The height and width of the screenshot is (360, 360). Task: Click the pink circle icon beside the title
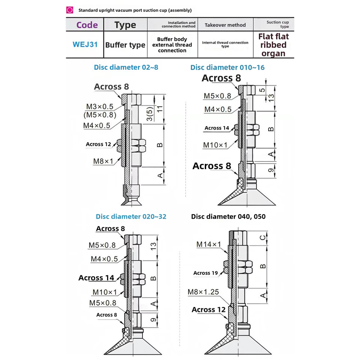70,10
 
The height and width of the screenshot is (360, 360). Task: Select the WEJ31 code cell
85,44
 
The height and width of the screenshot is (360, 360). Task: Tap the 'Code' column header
87,25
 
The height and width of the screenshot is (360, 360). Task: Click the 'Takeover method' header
225,25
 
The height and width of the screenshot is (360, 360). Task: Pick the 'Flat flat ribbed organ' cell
274,45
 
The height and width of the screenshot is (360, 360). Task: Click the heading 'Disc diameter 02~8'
126,67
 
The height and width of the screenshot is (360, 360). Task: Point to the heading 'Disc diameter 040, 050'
228,216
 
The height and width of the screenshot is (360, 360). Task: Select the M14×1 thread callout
208,244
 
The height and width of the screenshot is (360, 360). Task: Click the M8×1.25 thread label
203,292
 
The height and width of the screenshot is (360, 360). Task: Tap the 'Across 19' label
206,273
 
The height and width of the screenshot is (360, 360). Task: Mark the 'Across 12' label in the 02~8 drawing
98,144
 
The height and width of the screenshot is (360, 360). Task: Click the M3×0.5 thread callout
99,107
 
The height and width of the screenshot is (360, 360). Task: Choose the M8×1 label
103,161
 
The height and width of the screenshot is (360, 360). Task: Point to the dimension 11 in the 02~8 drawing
160,108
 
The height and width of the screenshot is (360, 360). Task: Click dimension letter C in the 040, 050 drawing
263,238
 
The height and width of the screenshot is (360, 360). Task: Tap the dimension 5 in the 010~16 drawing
262,90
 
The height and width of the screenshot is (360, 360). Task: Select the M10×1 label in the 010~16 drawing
215,145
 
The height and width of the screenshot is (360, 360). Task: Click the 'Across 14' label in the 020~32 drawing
96,278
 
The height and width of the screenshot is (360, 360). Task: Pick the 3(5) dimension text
149,114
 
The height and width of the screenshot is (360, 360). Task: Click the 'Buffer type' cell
125,45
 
